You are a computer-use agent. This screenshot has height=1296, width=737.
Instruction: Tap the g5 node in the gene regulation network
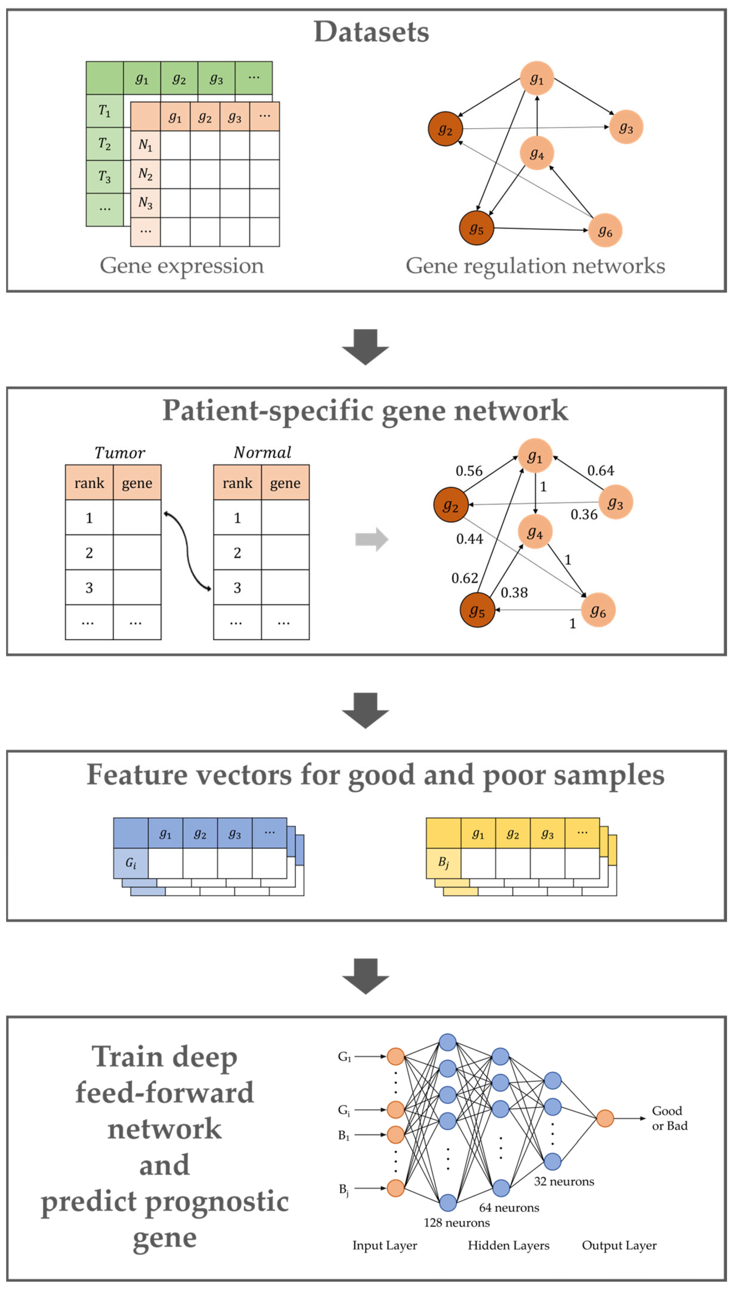pyautogui.click(x=476, y=228)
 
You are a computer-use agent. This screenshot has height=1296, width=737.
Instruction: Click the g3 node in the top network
pyautogui.click(x=626, y=127)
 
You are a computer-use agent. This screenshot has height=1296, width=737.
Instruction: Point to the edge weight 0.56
pyautogui.click(x=469, y=471)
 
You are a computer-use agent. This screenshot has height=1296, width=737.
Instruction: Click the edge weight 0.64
pyautogui.click(x=601, y=471)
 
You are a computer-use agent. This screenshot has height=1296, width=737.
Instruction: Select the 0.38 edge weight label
pyautogui.click(x=514, y=592)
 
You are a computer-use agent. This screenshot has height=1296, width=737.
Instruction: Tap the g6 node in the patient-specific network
pyautogui.click(x=598, y=610)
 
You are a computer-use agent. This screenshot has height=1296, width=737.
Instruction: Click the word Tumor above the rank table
pyautogui.click(x=120, y=453)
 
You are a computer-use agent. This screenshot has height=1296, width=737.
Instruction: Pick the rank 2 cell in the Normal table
pyautogui.click(x=237, y=553)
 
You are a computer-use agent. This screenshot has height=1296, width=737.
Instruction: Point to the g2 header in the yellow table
pyautogui.click(x=513, y=833)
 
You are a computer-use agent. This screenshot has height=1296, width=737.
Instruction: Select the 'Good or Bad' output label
pyautogui.click(x=670, y=1118)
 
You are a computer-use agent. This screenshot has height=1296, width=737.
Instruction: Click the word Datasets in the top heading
pyautogui.click(x=372, y=32)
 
